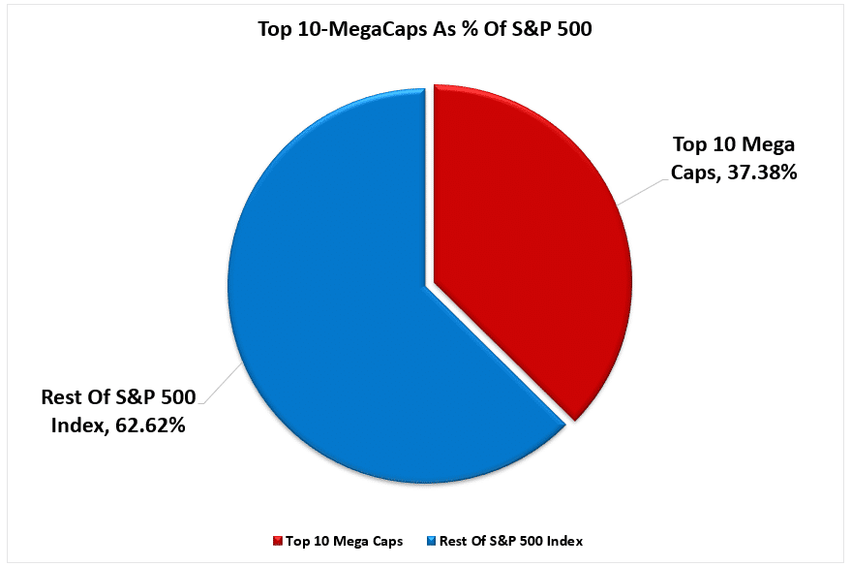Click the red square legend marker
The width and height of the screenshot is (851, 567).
(x=277, y=540)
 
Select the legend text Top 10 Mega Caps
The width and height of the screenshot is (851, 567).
(x=333, y=540)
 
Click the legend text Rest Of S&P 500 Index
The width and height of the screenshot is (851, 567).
(x=511, y=540)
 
